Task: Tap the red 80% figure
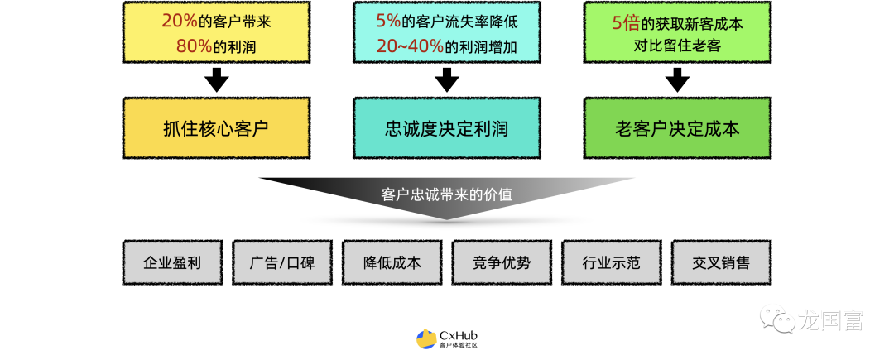point(194,46)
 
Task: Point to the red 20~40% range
point(409,46)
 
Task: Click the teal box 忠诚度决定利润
point(446,128)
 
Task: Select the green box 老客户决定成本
point(677,128)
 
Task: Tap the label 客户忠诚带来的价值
point(446,195)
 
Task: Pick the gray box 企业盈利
point(172,263)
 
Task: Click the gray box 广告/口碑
point(281,263)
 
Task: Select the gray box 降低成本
point(392,263)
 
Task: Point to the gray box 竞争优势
point(502,263)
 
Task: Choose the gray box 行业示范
point(611,263)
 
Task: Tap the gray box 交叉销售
point(721,263)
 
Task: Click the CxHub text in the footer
point(458,335)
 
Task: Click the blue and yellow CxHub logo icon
point(425,339)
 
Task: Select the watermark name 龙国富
point(830,319)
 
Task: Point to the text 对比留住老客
point(677,46)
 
